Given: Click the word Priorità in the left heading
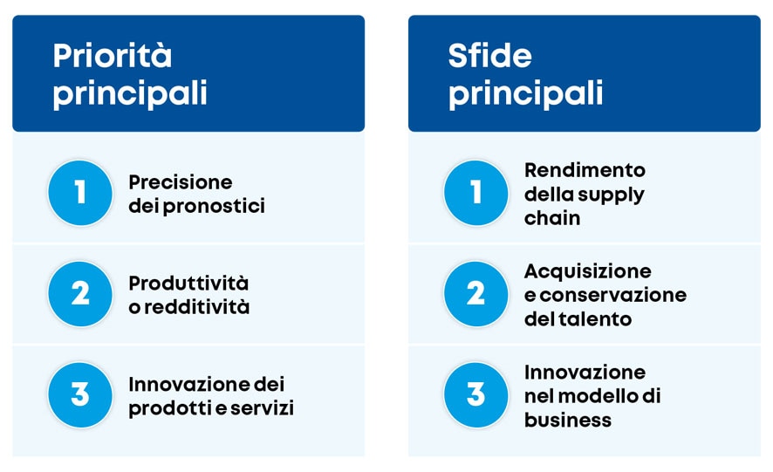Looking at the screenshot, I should click(x=113, y=56).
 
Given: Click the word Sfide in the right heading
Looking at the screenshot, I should click(x=489, y=56).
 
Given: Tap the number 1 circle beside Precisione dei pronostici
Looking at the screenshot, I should click(x=80, y=193).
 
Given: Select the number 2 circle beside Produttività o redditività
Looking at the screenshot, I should click(x=80, y=294).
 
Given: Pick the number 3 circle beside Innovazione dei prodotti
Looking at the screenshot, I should click(x=80, y=395).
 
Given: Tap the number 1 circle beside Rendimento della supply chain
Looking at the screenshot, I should click(x=475, y=193).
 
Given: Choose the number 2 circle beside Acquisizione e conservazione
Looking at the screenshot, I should click(x=475, y=294).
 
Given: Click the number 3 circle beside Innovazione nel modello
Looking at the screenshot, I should click(x=475, y=395).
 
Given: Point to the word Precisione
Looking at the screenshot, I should click(x=181, y=182).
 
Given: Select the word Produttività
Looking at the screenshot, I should click(x=188, y=284).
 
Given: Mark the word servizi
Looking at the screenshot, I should click(x=264, y=408).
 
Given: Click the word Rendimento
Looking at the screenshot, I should click(x=585, y=169).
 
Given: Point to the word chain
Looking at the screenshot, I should click(x=552, y=218).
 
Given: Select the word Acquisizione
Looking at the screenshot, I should click(x=587, y=270).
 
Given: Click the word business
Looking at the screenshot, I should click(x=568, y=421).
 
